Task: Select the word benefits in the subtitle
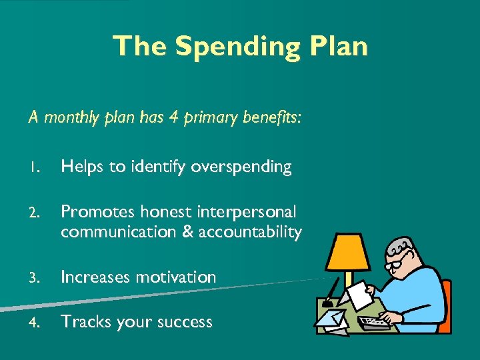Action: pos(273,117)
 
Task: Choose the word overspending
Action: pos(241,167)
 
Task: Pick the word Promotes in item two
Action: pos(93,212)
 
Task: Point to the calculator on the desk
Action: pos(374,322)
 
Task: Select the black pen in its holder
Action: pos(331,289)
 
